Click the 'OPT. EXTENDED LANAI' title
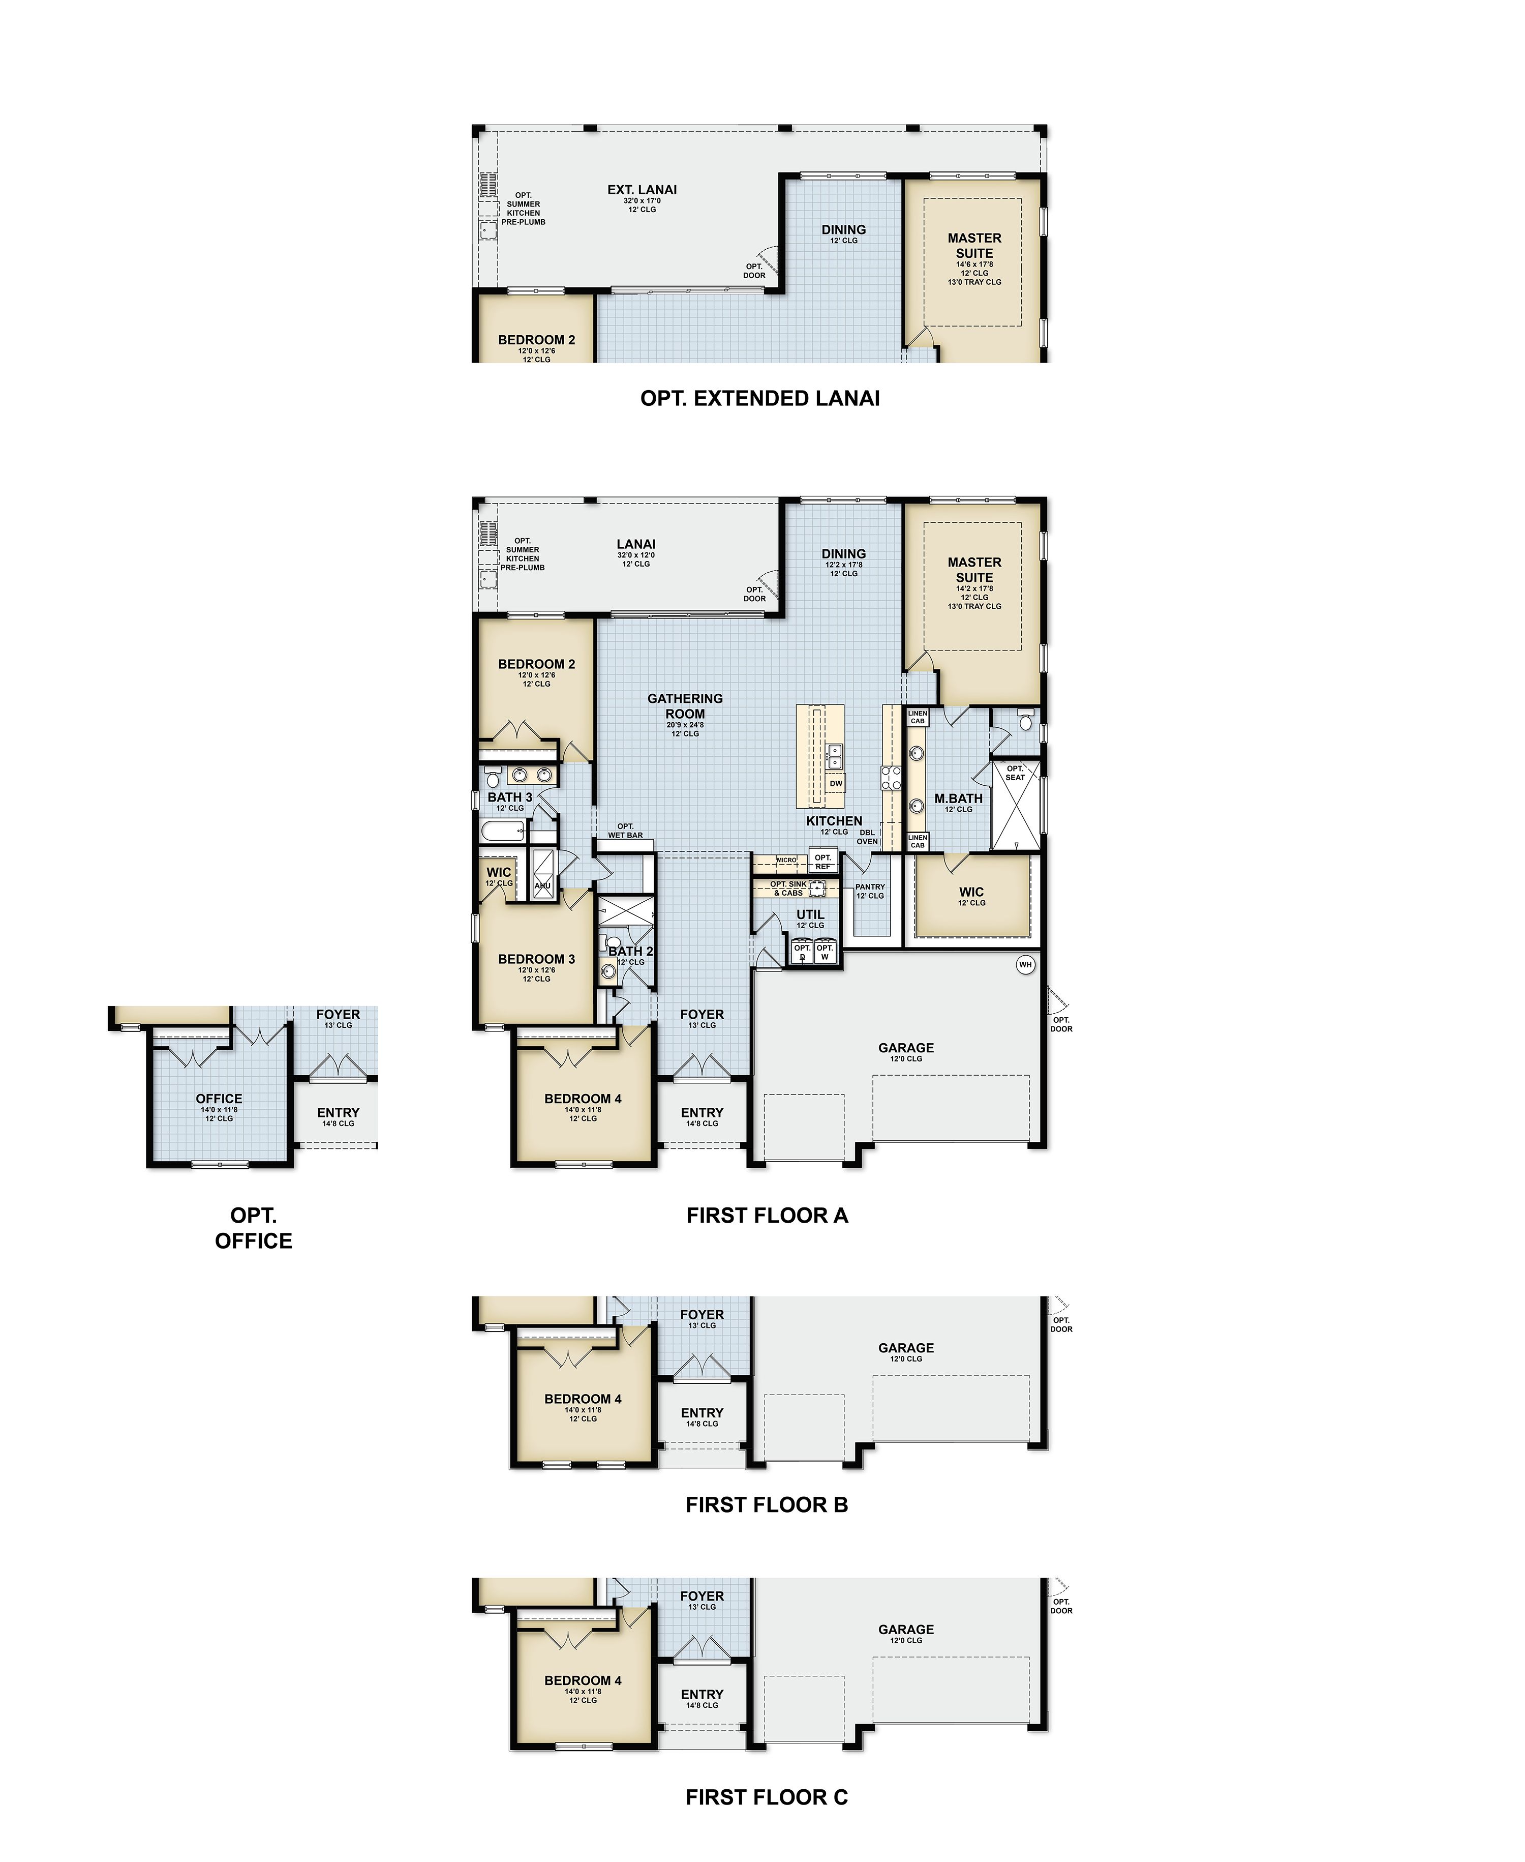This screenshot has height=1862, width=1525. [760, 398]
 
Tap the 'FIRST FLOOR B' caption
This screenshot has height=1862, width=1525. [766, 1504]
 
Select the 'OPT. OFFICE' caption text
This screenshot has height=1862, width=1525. [253, 1228]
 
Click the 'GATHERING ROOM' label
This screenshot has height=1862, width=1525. [685, 705]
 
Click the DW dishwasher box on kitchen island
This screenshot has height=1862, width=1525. [835, 783]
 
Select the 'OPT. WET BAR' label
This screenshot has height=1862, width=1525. [625, 831]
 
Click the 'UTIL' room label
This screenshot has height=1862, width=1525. [810, 914]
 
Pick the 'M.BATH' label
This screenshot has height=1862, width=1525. [958, 799]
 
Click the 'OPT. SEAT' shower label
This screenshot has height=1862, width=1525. [1015, 773]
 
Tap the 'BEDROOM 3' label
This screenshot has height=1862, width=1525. [536, 959]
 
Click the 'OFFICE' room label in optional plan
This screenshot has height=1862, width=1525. [219, 1099]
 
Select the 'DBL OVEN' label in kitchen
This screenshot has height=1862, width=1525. [867, 837]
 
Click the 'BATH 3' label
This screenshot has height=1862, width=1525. [509, 797]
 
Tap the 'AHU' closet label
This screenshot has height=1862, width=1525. [542, 886]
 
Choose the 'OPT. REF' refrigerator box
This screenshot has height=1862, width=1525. [822, 861]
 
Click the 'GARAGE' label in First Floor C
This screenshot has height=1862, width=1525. [906, 1629]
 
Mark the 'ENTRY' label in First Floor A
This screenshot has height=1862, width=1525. [702, 1112]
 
